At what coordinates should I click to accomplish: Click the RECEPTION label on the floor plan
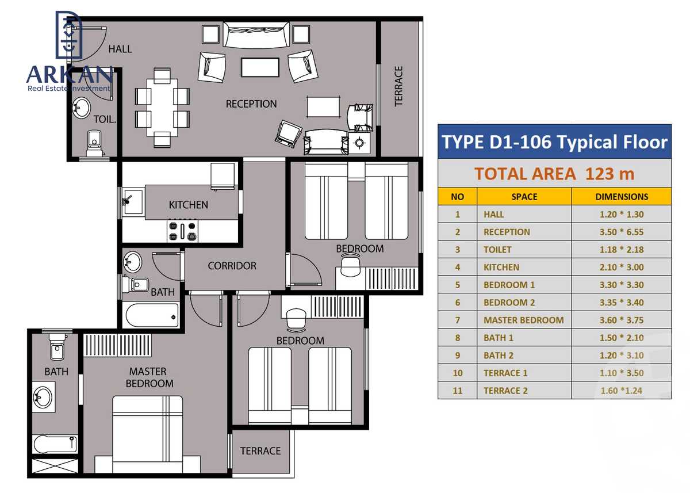[x=251, y=104]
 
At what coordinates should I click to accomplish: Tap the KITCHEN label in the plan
[x=188, y=205]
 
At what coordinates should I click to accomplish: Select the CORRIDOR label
[x=232, y=266]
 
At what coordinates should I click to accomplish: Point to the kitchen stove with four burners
[x=182, y=230]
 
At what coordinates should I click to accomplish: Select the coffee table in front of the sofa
[x=260, y=67]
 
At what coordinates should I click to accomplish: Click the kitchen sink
[x=133, y=201]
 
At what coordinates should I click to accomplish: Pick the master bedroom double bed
[x=148, y=431]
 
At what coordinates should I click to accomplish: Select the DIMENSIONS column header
[x=621, y=196]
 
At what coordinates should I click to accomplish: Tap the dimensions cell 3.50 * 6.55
[x=621, y=232]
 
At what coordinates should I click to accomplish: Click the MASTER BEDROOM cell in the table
[x=523, y=320]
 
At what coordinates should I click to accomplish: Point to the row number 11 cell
[x=457, y=391]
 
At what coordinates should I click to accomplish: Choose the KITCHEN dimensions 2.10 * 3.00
[x=621, y=267]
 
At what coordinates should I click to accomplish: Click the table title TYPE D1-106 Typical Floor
[x=554, y=142]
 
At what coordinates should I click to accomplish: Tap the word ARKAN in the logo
[x=70, y=75]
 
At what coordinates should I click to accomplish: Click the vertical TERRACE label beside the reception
[x=398, y=86]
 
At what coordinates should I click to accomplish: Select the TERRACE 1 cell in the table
[x=505, y=373]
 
